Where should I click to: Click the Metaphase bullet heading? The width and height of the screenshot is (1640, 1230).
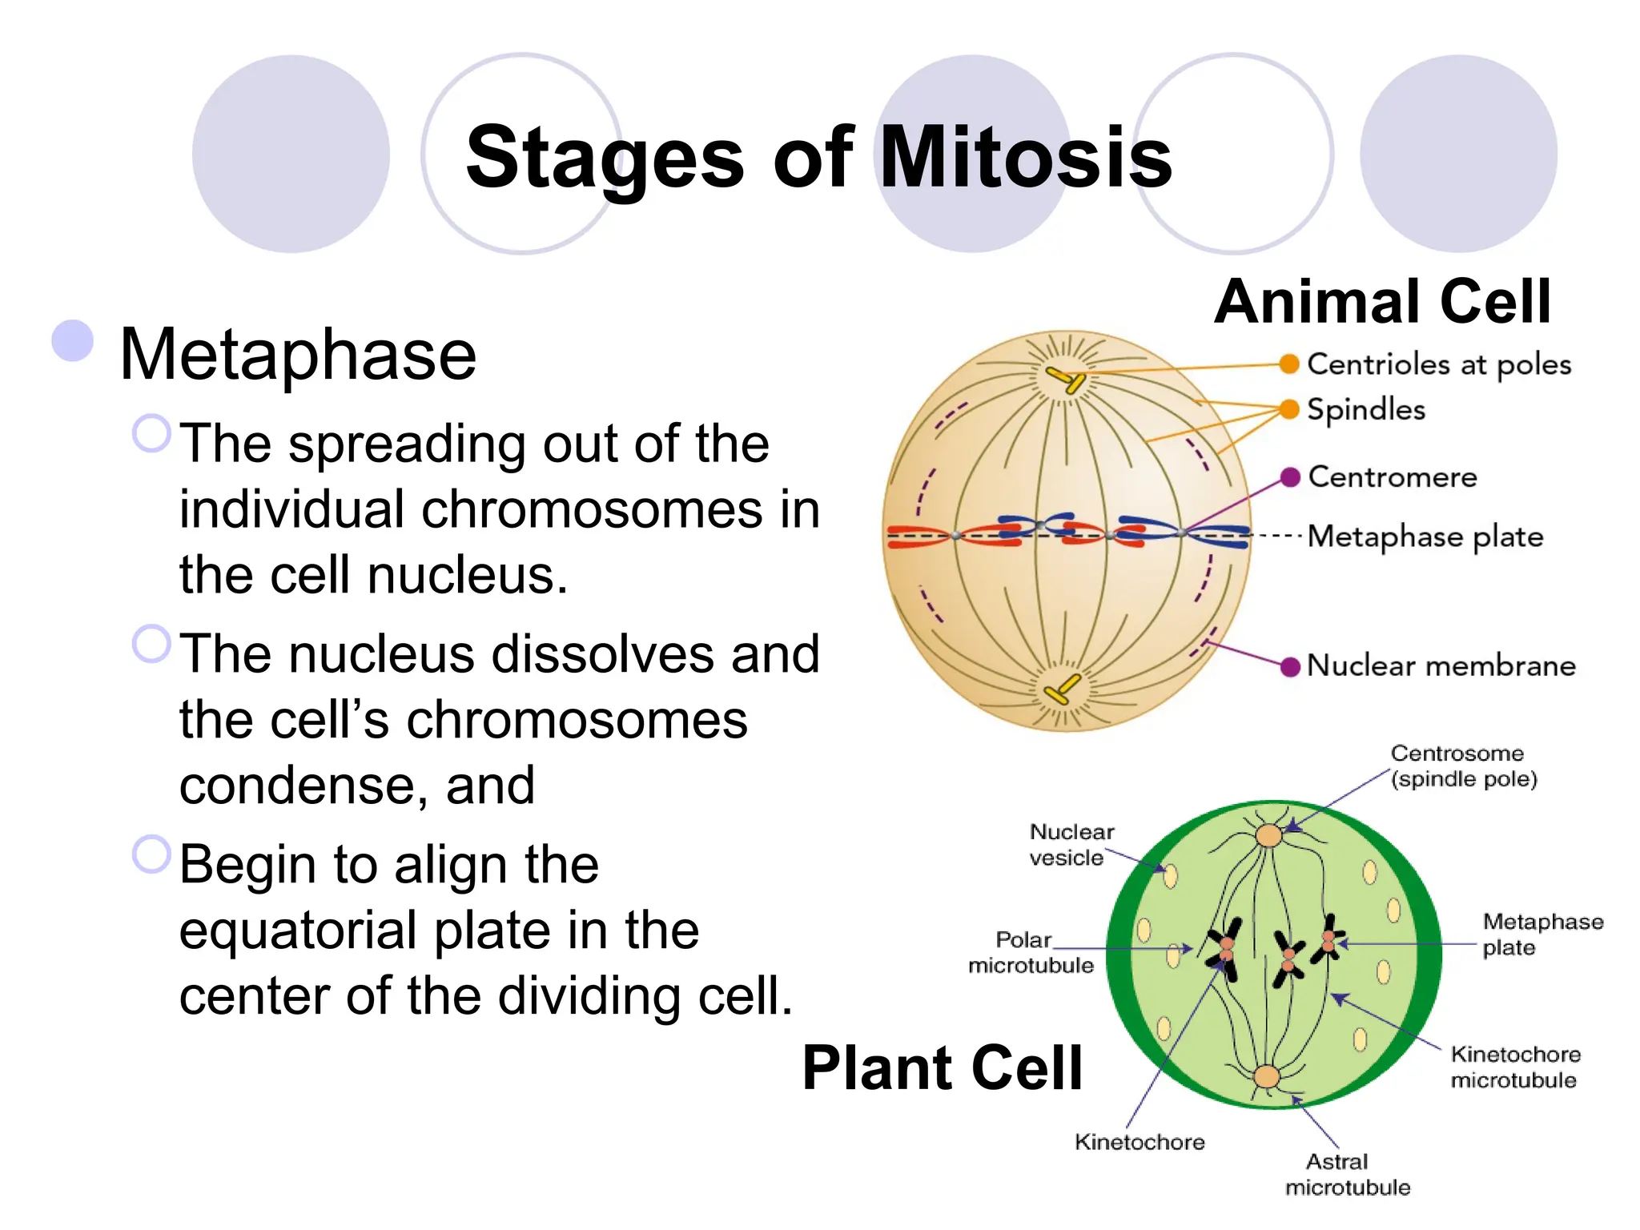point(297,355)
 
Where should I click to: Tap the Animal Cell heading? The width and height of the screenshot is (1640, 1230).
point(1382,302)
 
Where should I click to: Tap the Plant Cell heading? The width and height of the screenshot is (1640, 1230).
point(942,1068)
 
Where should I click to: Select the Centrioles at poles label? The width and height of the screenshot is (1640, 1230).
point(1438,364)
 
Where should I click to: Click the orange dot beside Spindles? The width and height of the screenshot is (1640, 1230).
point(1288,409)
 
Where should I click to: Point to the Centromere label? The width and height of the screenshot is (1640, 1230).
point(1392,477)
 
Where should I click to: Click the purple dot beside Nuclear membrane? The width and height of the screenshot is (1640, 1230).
point(1289,666)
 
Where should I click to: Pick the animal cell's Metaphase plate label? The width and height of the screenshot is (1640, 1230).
point(1425,537)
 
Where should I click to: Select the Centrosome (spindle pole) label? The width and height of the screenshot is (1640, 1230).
point(1463,766)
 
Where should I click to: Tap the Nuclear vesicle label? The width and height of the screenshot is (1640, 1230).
point(1071,845)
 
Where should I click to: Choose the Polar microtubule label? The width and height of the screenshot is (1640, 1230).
point(1031,952)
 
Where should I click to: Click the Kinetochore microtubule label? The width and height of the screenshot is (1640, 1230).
point(1514,1067)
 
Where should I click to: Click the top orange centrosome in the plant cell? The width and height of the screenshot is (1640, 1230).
point(1268,835)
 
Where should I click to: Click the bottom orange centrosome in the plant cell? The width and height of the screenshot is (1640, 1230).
point(1267,1076)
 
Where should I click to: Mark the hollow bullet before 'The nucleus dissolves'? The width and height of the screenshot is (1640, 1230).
point(151,644)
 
